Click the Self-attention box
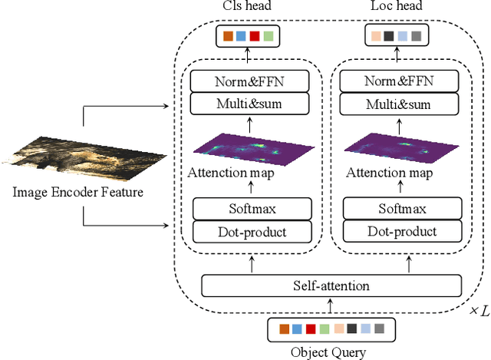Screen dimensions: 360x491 [331, 286]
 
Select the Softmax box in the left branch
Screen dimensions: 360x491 [252, 209]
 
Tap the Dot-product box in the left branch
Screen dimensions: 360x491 [252, 231]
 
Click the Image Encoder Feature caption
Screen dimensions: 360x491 [77, 192]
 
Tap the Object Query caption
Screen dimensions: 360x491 [331, 352]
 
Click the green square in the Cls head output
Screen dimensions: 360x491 [268, 36]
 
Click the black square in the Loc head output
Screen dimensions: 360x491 [389, 36]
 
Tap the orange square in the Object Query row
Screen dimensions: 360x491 [285, 329]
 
